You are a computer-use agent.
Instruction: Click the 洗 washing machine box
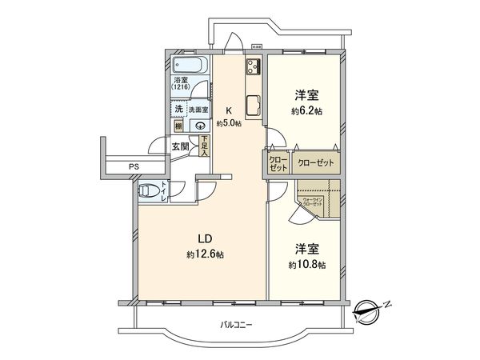point(178,108)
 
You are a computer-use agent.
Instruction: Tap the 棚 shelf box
point(178,126)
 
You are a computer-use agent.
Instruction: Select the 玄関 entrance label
point(180,146)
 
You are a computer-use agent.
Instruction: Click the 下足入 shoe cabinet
point(206,146)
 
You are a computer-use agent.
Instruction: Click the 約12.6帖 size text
point(205,254)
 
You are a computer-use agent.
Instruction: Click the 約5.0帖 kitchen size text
point(228,123)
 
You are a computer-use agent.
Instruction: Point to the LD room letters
point(204,238)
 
